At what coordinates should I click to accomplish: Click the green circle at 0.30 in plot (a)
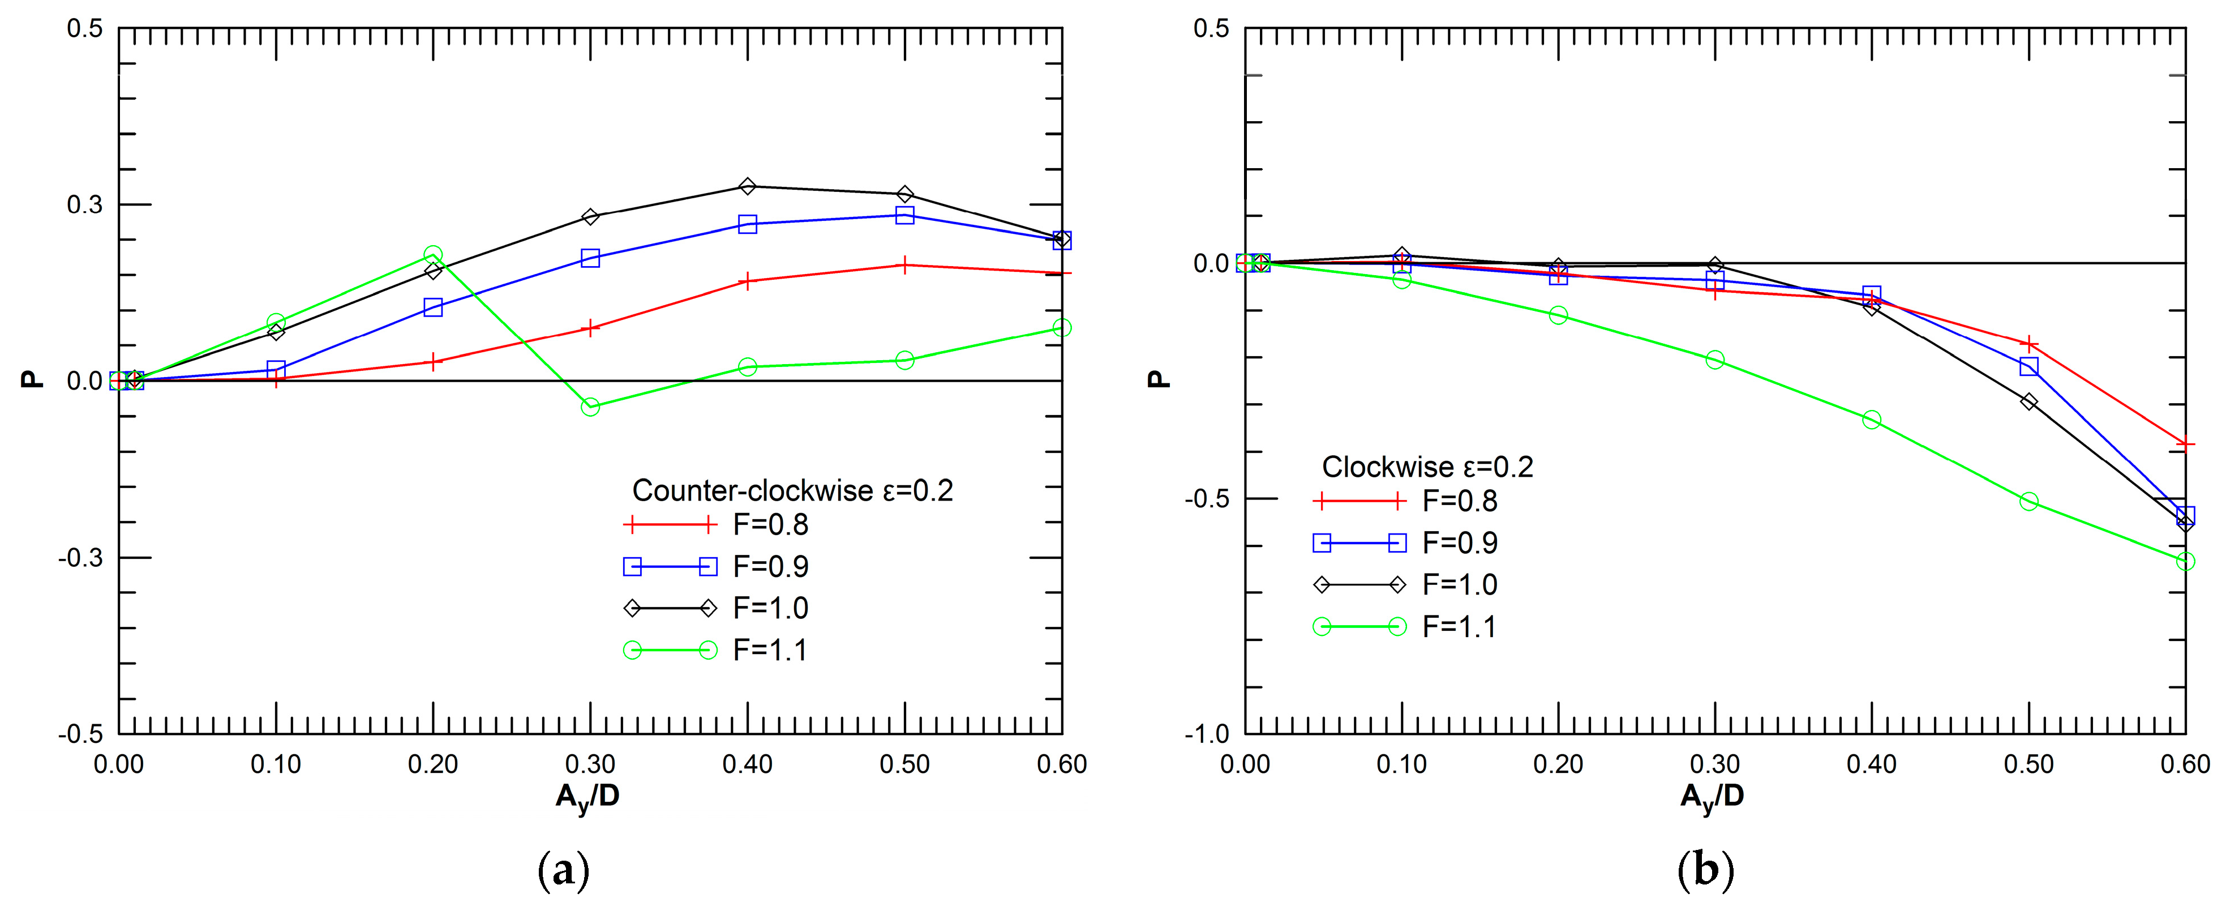click(x=590, y=407)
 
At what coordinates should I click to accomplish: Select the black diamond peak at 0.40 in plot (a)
click(x=748, y=186)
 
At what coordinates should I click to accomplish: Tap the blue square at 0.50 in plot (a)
click(x=905, y=215)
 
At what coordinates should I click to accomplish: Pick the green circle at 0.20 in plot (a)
click(x=433, y=254)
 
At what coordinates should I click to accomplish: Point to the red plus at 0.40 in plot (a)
click(x=748, y=281)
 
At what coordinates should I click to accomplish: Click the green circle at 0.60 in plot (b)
click(x=2185, y=562)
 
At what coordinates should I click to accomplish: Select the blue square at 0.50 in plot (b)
click(x=2029, y=366)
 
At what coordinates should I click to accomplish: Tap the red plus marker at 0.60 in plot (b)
click(x=2185, y=445)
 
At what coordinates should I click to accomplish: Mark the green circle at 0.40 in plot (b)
click(x=1872, y=419)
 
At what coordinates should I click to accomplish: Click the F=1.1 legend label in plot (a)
click(x=770, y=650)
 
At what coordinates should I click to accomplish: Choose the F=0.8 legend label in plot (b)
click(x=1460, y=501)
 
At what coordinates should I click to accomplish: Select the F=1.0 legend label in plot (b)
click(x=1460, y=584)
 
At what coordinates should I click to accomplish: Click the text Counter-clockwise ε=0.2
click(x=792, y=490)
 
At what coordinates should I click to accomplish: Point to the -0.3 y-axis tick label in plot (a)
click(x=80, y=558)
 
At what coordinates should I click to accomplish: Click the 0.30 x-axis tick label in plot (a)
click(x=590, y=764)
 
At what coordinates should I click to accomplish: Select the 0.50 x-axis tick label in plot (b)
click(x=2029, y=764)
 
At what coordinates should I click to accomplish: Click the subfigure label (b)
click(x=1705, y=868)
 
